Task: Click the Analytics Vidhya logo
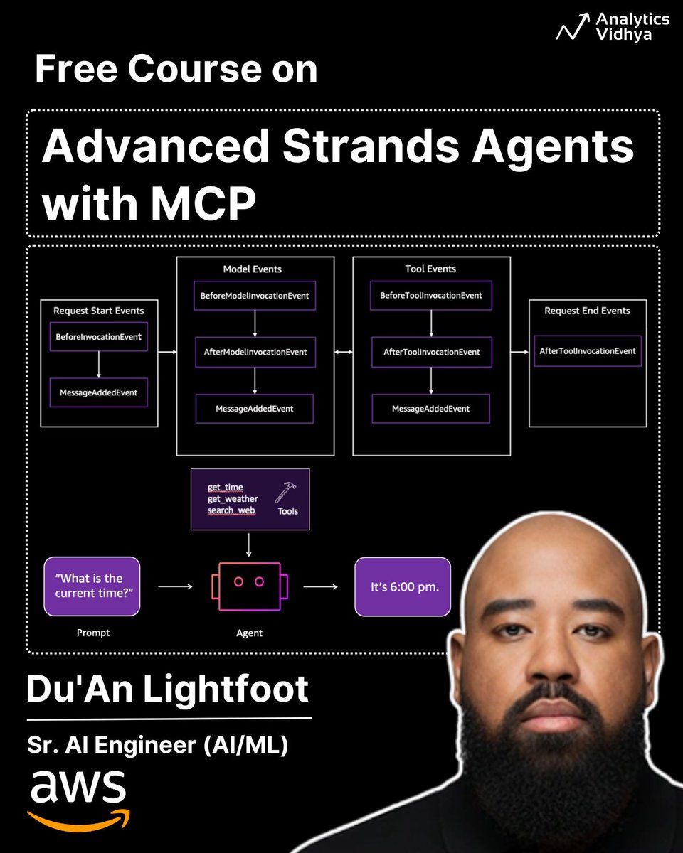(x=612, y=27)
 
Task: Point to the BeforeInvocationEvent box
(x=98, y=337)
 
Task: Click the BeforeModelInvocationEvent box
(x=255, y=295)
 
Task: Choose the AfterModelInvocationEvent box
(x=255, y=352)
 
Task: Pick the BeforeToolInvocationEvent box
(x=431, y=295)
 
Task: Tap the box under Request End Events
(x=587, y=351)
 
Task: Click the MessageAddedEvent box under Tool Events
(x=430, y=409)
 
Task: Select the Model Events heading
(x=252, y=269)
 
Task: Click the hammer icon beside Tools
(x=285, y=492)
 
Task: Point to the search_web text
(x=231, y=510)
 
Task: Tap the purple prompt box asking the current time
(x=92, y=586)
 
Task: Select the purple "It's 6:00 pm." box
(x=403, y=586)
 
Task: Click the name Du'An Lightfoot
(x=168, y=689)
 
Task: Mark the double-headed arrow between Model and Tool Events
(x=344, y=352)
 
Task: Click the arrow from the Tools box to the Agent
(x=248, y=544)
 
